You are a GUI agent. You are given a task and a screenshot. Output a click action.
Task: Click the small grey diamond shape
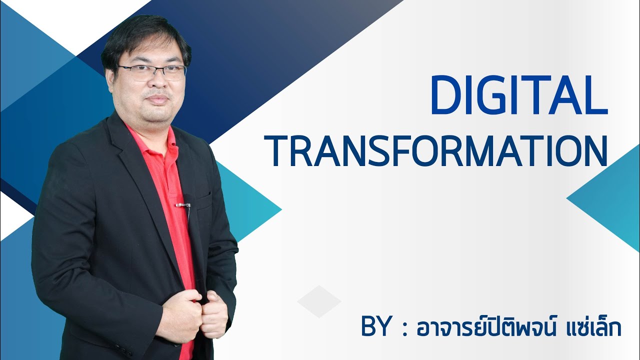click(318, 301)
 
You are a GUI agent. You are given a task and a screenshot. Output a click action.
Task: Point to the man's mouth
click(157, 98)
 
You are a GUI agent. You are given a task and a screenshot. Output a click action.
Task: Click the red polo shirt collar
click(150, 142)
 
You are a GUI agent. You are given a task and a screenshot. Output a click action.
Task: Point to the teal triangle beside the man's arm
click(250, 205)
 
